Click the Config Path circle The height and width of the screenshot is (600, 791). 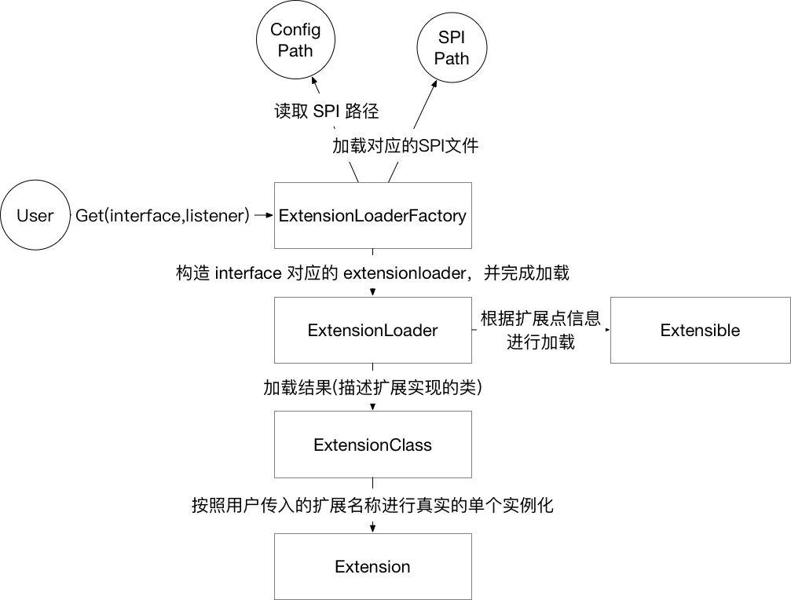[295, 41]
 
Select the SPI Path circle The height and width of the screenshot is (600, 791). [452, 49]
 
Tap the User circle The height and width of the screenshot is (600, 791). [35, 216]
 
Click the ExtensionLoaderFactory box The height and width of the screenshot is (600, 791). [372, 216]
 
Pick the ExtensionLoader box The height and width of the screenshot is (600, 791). [372, 330]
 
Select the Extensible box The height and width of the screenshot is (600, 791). [700, 330]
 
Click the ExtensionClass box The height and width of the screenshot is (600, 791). [372, 445]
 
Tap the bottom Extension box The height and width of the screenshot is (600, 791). [372, 566]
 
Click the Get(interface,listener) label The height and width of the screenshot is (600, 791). [163, 216]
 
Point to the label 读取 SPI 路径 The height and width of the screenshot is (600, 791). [326, 111]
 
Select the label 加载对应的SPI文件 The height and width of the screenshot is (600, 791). [405, 146]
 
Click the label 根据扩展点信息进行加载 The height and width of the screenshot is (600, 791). [540, 330]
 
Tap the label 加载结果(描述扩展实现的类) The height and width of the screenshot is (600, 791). [372, 389]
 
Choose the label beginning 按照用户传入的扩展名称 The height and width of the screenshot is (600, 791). [372, 505]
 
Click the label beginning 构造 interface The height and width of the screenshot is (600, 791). [372, 273]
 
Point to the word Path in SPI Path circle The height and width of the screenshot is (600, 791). [452, 59]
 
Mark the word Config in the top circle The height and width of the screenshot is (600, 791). [295, 30]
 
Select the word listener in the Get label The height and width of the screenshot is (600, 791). [218, 216]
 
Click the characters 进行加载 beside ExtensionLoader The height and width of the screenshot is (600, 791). [540, 342]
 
